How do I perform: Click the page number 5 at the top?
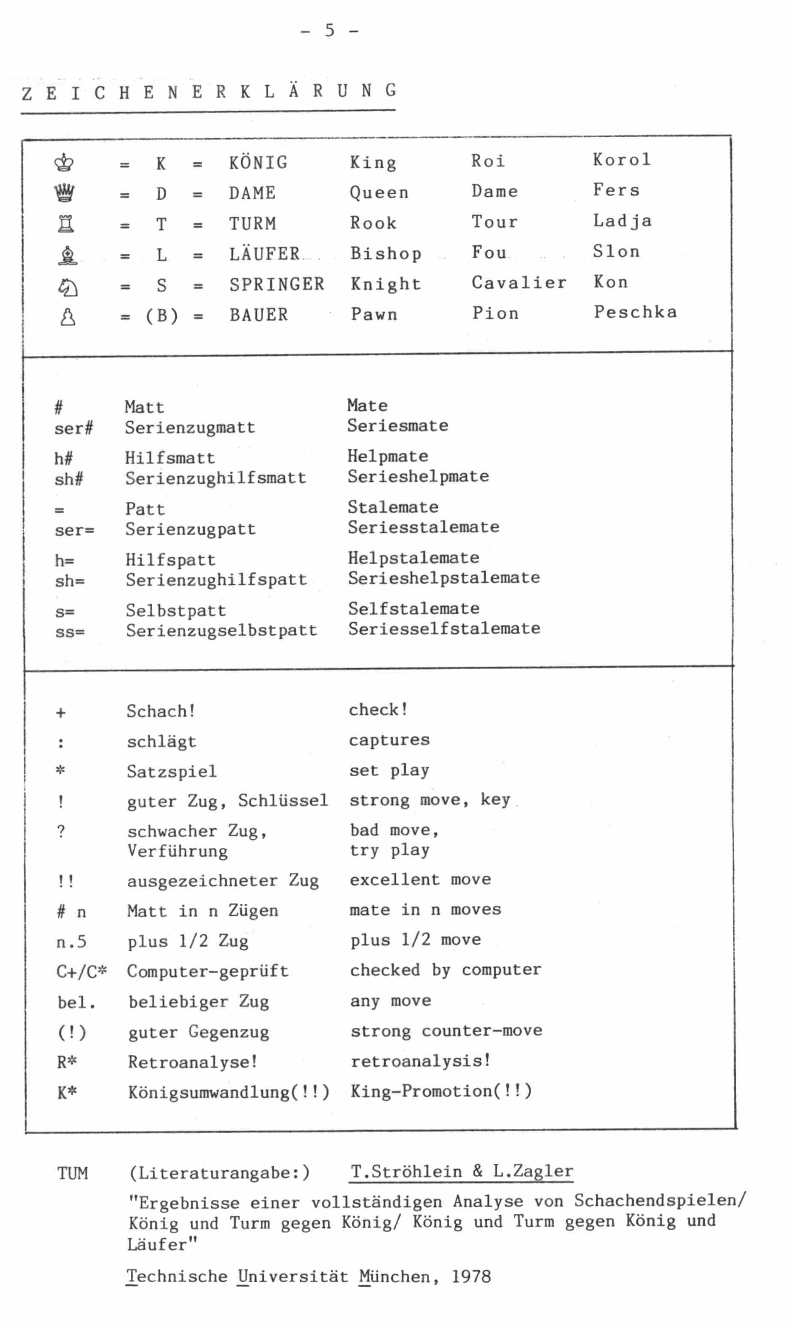coord(330,31)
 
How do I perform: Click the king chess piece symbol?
coord(65,163)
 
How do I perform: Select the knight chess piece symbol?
coord(67,287)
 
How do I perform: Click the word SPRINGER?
coord(277,284)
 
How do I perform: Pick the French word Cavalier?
coord(519,283)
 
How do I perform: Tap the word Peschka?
coord(635,312)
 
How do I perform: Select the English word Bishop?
coord(386,253)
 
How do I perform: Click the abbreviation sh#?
coord(69,479)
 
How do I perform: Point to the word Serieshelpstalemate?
coord(444,577)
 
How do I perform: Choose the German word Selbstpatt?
coord(176,611)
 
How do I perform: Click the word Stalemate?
coord(393,506)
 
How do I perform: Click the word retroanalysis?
coord(421,1061)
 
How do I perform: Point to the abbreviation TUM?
coord(73,1173)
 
